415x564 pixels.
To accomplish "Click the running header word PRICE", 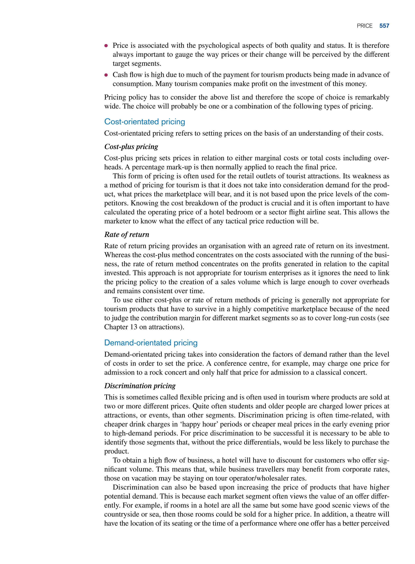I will pyautogui.click(x=365, y=26).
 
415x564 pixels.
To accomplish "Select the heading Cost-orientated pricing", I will pyautogui.click(x=144, y=122).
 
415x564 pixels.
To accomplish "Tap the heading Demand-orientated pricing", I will pyautogui.click(x=151, y=343).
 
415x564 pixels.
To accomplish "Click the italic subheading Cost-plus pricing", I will pyautogui.click(x=131, y=147).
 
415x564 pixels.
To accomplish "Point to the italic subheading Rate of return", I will pyautogui.click(x=127, y=234).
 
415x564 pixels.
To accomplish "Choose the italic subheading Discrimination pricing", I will pyautogui.click(x=140, y=386).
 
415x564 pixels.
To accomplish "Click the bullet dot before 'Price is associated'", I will pyautogui.click(x=106, y=46).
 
